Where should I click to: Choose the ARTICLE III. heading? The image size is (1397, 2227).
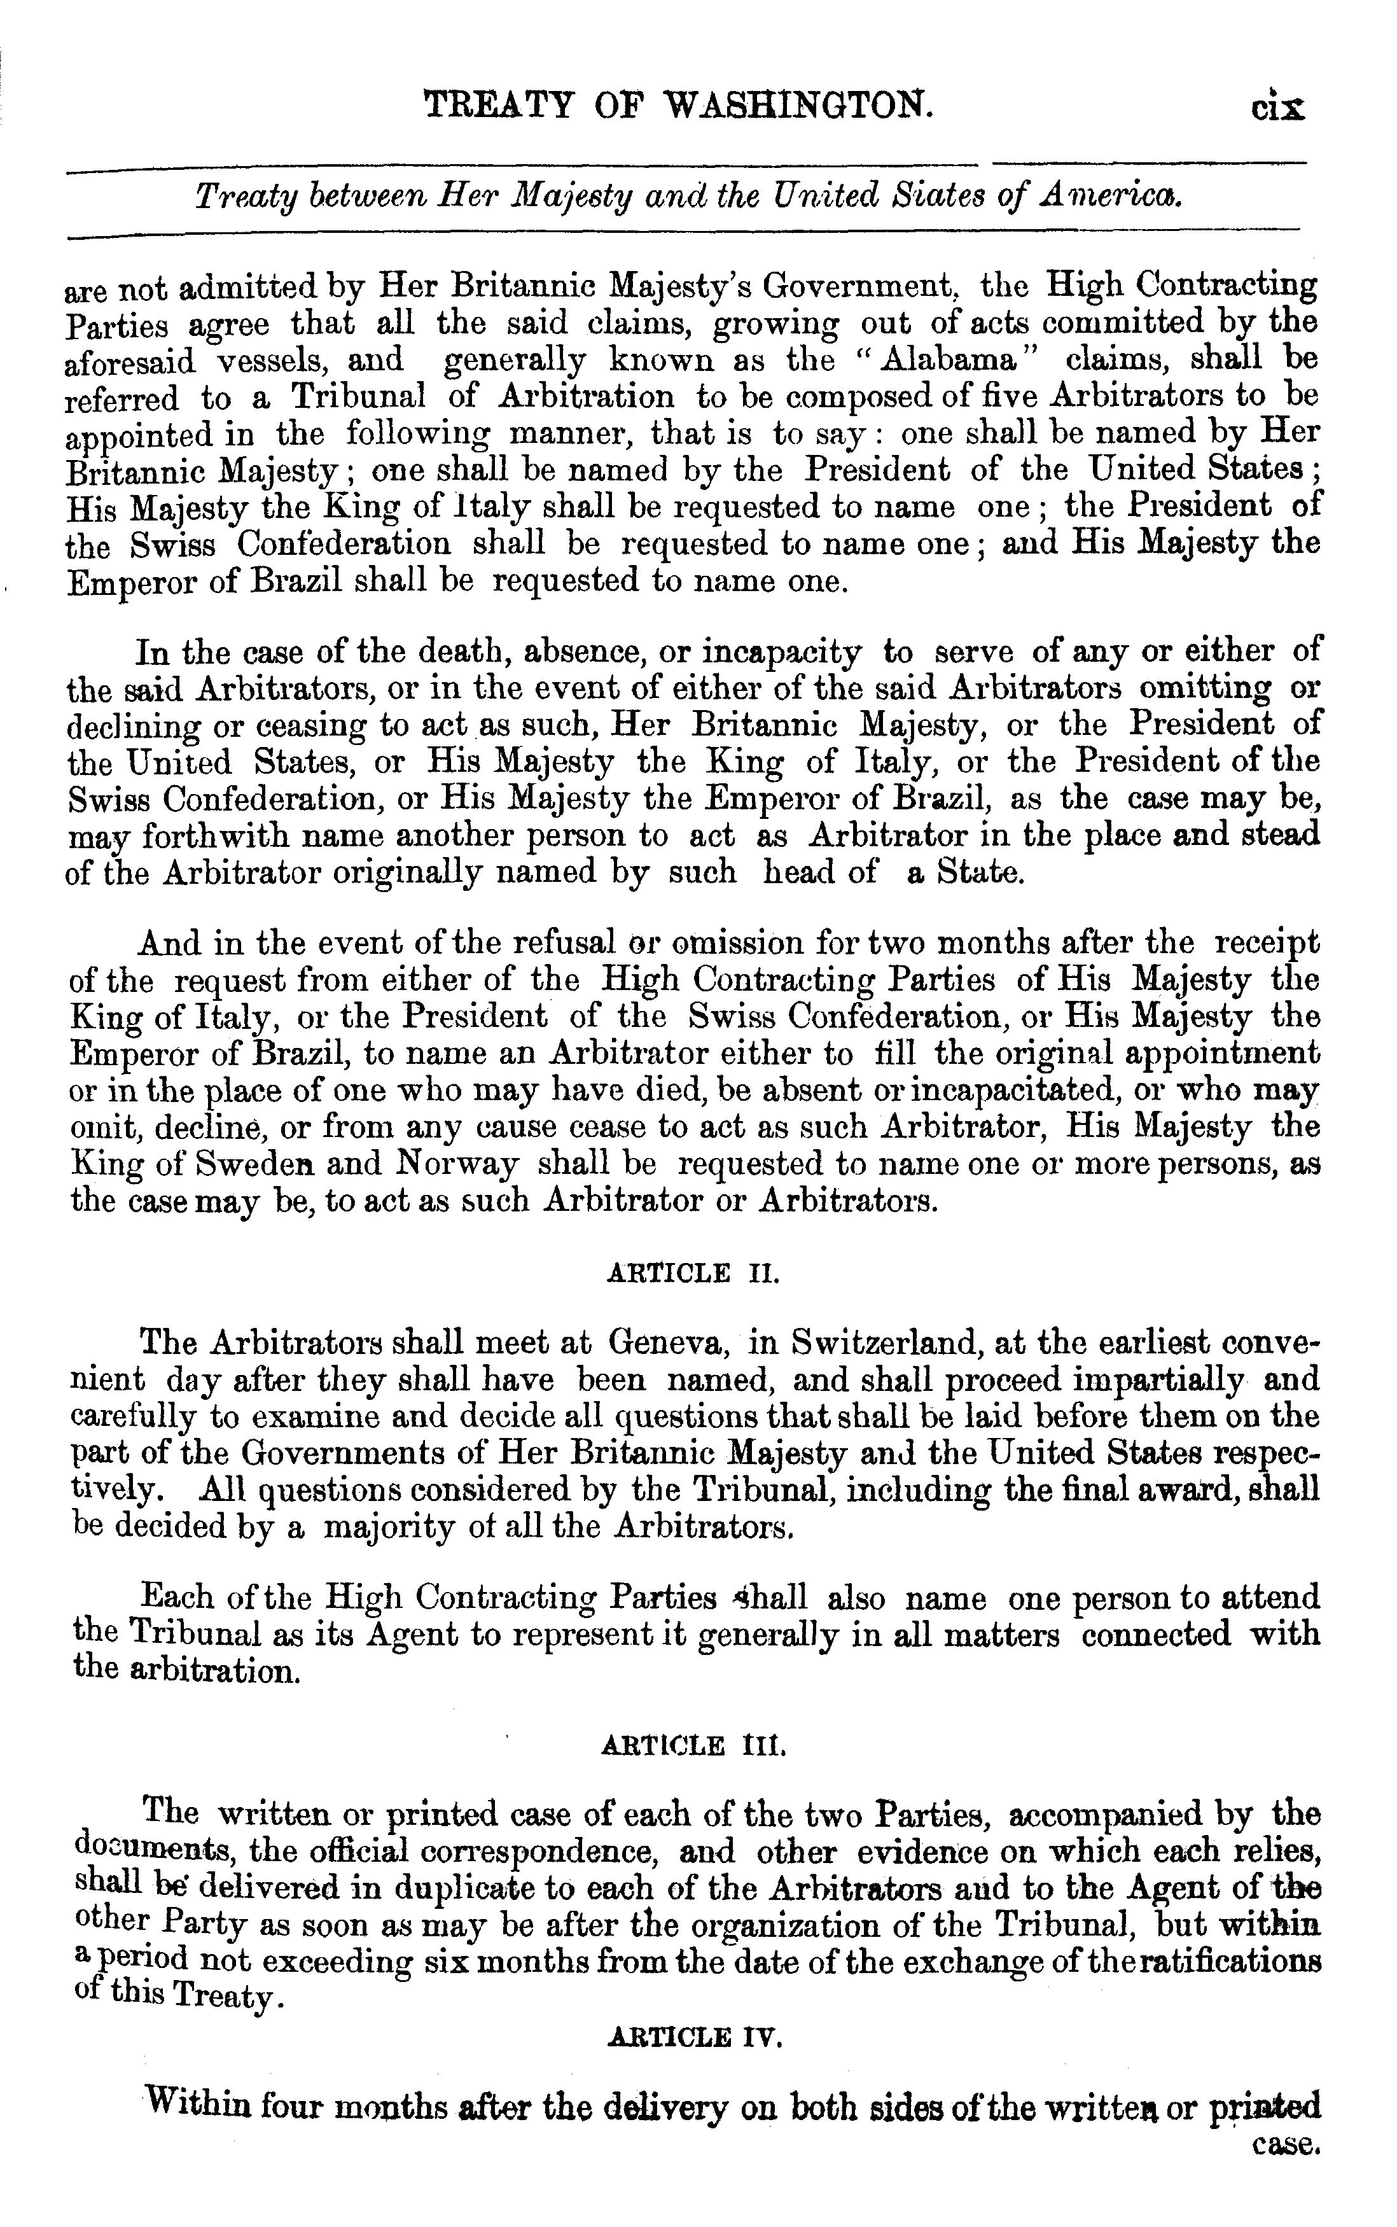[693, 1745]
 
